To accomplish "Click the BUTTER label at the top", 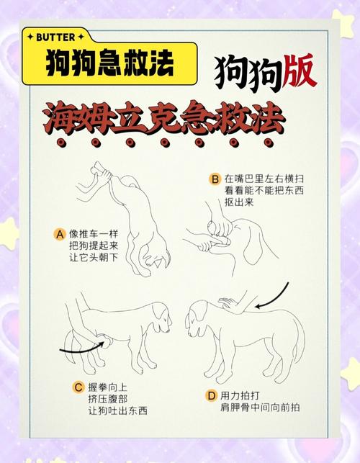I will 58,36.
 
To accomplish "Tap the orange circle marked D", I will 211,395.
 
